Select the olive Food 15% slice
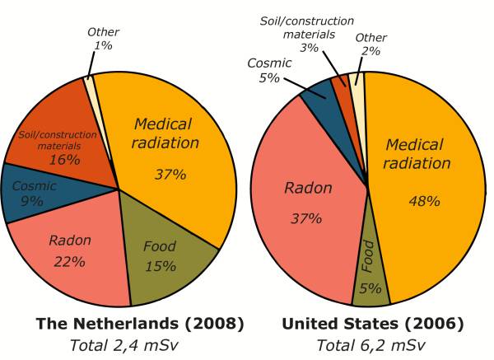pos(165,255)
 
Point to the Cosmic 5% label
pos(269,71)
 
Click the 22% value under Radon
pos(70,262)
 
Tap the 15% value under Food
pos(161,265)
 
